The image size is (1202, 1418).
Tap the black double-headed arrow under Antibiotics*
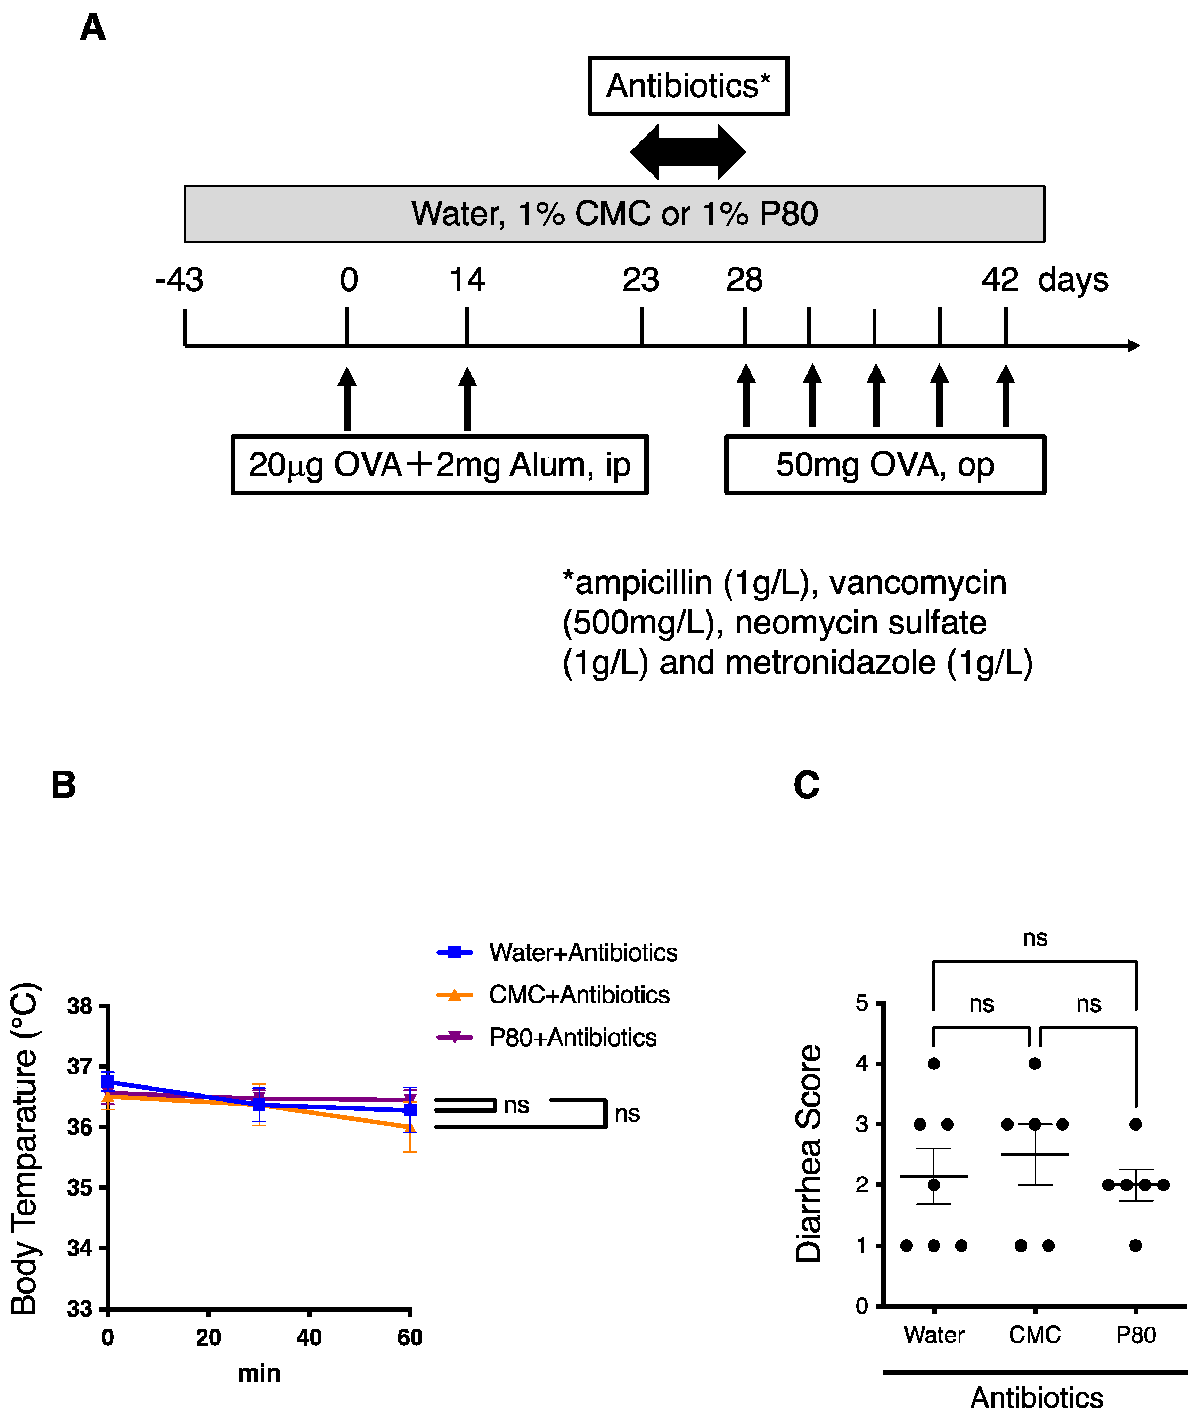[x=688, y=152]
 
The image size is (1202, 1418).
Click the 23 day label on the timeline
[x=640, y=280]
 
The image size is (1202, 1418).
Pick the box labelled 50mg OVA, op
[x=884, y=465]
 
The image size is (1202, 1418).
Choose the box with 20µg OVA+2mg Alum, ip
[x=440, y=465]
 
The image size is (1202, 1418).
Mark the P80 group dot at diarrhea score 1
[x=1135, y=1246]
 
